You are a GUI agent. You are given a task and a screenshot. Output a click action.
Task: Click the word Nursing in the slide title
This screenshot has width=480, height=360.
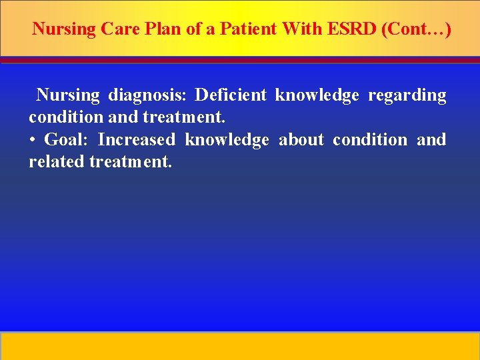[x=63, y=29]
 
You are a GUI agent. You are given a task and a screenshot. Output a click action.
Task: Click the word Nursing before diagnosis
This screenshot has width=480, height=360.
[x=67, y=95]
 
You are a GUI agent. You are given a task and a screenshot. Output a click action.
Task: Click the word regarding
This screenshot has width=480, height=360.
[x=407, y=95]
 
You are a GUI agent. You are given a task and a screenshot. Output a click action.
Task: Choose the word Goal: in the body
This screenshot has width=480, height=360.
[x=67, y=140]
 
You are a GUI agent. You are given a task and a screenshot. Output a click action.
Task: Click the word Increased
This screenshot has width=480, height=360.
[x=137, y=140]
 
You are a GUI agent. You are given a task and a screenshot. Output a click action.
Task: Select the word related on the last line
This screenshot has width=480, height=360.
[x=56, y=161]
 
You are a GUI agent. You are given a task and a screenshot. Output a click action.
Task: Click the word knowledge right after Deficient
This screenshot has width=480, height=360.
[x=317, y=95]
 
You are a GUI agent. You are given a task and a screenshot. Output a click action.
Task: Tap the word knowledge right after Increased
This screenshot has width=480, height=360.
[x=227, y=140]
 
